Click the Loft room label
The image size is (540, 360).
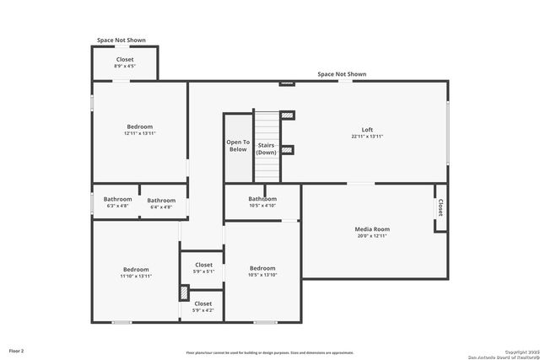click(x=367, y=132)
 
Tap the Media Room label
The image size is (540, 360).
click(x=371, y=232)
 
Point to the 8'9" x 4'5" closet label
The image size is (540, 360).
click(x=125, y=62)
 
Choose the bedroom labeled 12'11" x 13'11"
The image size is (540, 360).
click(x=139, y=130)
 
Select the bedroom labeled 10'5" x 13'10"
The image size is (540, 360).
click(x=262, y=271)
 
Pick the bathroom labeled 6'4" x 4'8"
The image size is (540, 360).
click(x=161, y=203)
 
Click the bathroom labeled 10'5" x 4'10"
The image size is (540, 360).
click(x=262, y=201)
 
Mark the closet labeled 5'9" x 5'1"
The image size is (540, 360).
click(x=203, y=268)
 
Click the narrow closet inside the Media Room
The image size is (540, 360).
click(x=440, y=207)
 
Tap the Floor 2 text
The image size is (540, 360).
click(x=17, y=350)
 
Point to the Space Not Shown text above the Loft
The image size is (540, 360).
click(x=342, y=74)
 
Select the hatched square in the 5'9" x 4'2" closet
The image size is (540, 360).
click(x=184, y=293)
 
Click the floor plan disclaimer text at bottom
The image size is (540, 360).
click(x=270, y=352)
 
